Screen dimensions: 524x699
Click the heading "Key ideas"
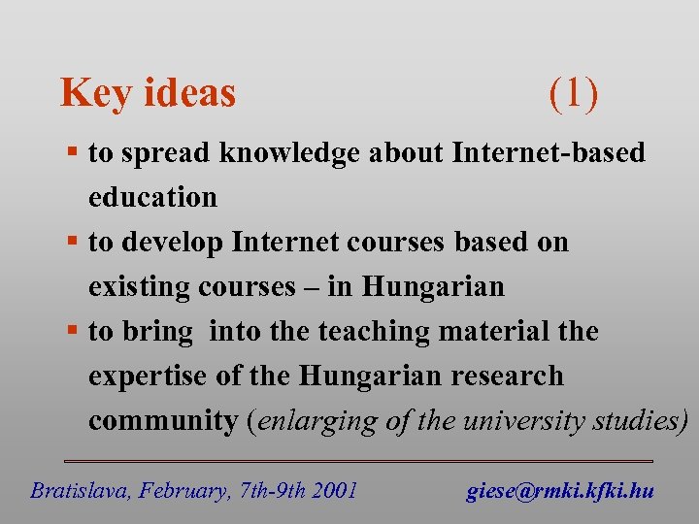[x=148, y=93]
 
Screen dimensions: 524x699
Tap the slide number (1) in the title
[x=573, y=93]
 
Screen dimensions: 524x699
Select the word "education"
[x=152, y=197]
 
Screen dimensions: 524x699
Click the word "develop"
[x=173, y=243]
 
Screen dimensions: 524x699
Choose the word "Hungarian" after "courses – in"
[x=433, y=287]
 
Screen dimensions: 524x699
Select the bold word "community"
[x=162, y=421]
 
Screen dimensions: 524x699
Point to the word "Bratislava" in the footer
[x=79, y=491]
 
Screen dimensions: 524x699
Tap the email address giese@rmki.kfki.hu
[x=560, y=491]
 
